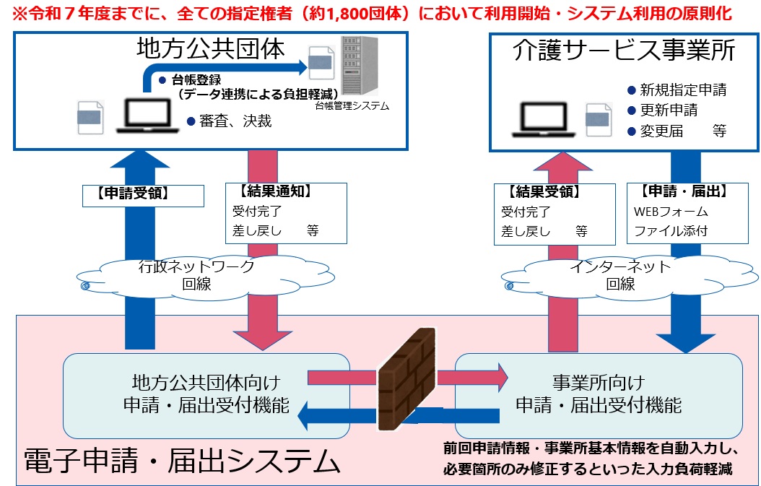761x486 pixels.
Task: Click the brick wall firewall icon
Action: (x=406, y=380)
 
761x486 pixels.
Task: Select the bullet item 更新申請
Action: (x=671, y=110)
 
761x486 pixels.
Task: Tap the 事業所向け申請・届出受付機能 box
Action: (x=598, y=394)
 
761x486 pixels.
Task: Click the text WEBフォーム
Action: (x=671, y=212)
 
